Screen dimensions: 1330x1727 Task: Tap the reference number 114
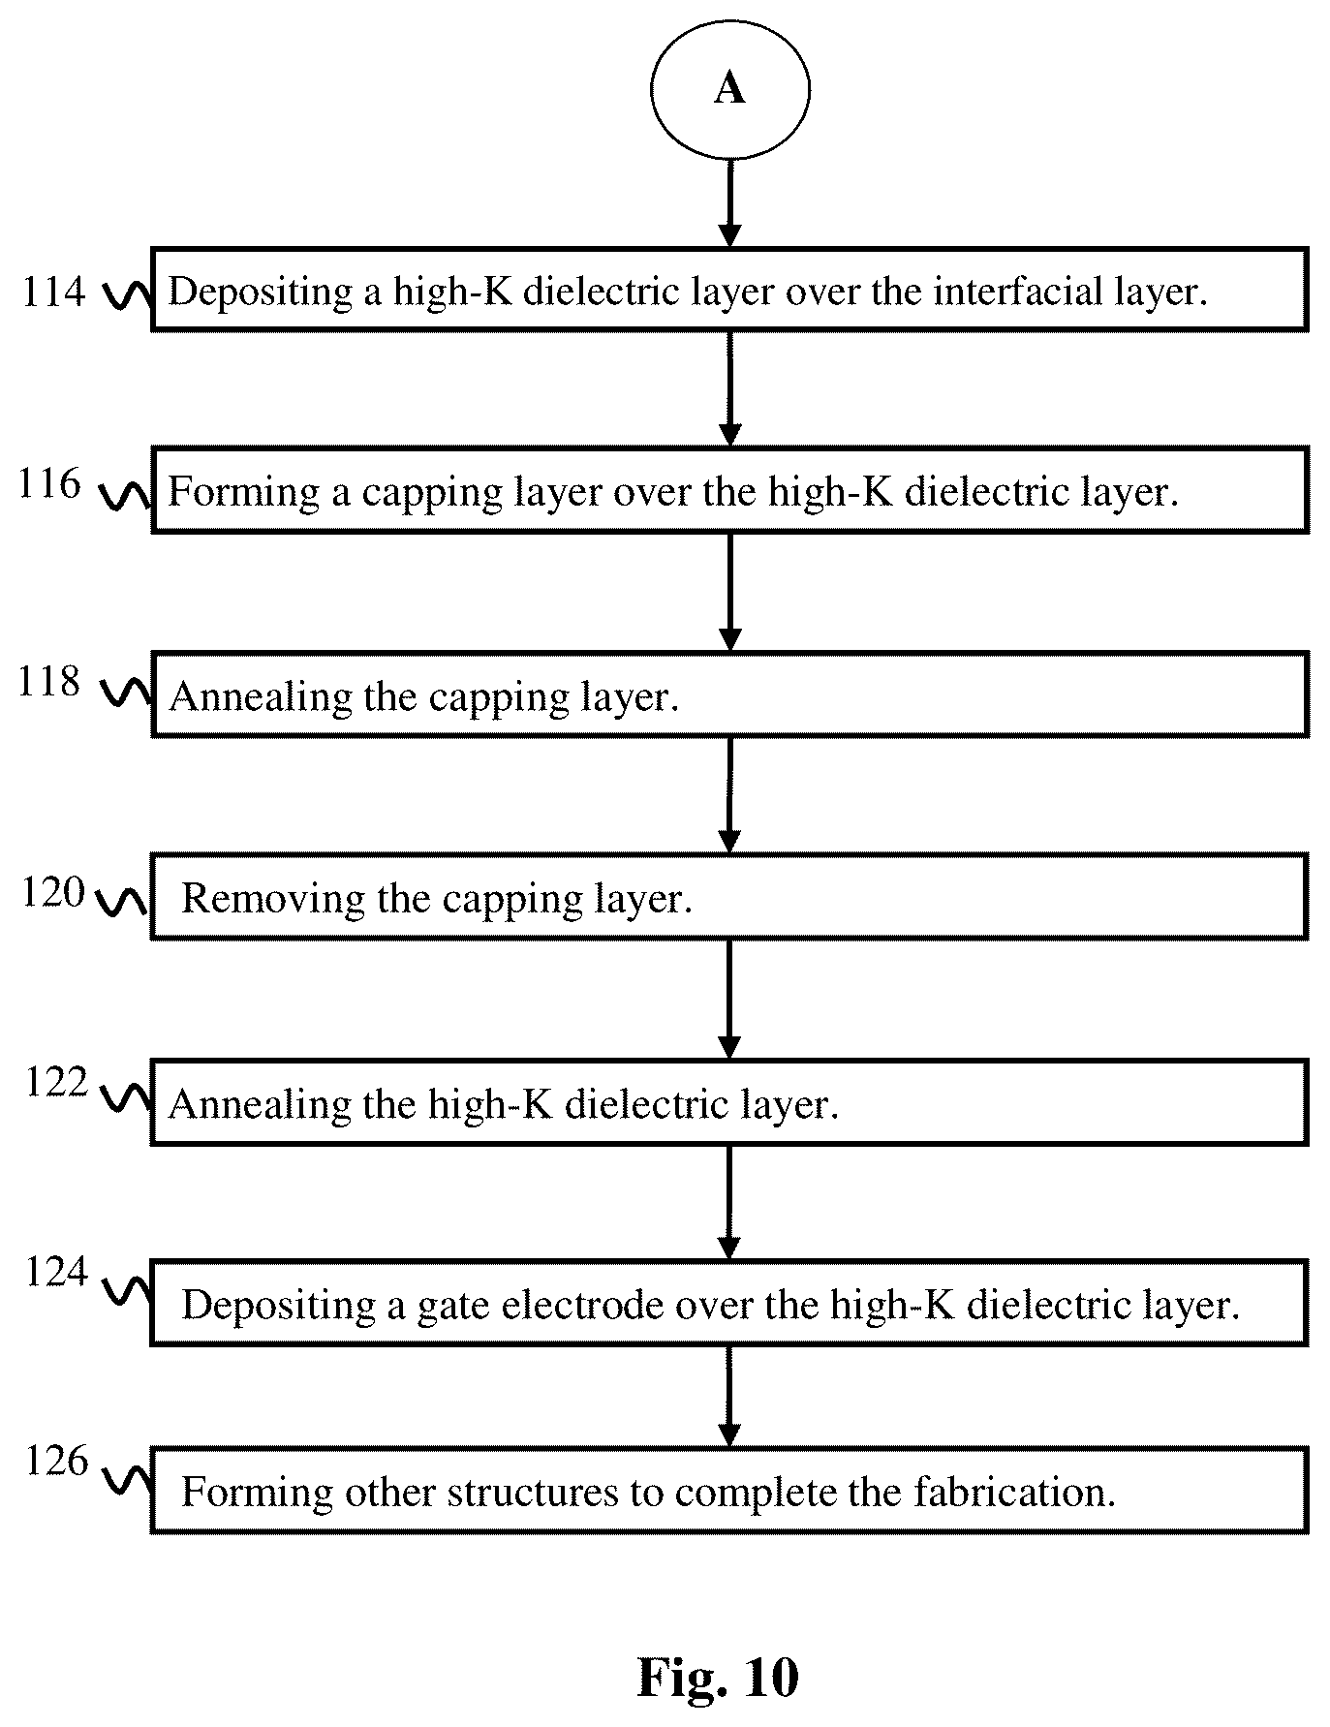point(53,292)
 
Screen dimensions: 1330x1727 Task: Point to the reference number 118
point(49,682)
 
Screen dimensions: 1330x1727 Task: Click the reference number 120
point(53,892)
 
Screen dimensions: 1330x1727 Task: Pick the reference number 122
point(56,1082)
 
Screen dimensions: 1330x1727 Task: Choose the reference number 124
point(56,1272)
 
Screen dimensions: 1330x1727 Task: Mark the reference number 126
point(56,1462)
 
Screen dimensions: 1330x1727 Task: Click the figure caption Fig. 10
point(718,1677)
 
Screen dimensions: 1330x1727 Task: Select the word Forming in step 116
point(244,493)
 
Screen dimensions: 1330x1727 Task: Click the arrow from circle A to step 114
point(729,202)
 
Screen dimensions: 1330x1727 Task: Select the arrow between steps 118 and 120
point(729,794)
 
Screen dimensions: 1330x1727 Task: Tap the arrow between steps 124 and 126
point(729,1396)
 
